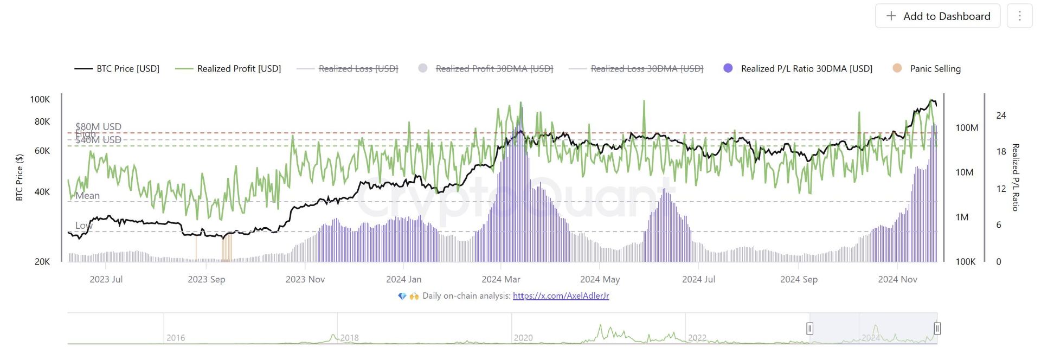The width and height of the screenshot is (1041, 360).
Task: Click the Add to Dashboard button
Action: point(937,16)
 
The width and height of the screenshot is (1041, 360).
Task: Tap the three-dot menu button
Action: point(1019,16)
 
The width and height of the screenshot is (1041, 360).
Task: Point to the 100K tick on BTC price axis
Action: point(40,99)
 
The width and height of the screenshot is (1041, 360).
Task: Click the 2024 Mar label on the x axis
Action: point(500,279)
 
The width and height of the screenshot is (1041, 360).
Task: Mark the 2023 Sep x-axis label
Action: point(206,279)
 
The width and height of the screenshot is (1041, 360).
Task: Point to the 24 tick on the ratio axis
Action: point(1001,115)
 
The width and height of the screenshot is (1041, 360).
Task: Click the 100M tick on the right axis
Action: point(967,128)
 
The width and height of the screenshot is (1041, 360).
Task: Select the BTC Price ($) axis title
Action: point(20,177)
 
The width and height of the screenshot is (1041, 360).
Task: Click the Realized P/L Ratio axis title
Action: point(1016,177)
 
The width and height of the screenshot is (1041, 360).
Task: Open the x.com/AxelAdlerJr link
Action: point(561,296)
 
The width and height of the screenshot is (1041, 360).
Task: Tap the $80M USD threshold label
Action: point(98,126)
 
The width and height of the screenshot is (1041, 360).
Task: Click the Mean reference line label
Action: point(87,196)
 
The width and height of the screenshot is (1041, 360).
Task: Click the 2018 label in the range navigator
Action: point(349,338)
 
